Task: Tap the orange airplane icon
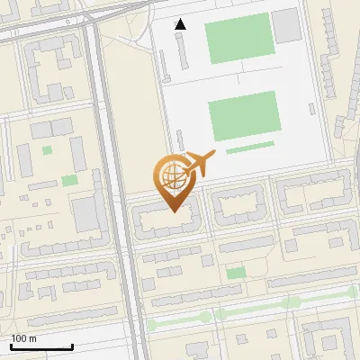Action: (198, 165)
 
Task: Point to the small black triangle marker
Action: (181, 24)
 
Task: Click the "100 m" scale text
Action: (24, 338)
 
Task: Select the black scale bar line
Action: (41, 346)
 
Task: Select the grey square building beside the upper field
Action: (286, 26)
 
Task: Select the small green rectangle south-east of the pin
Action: (236, 273)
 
